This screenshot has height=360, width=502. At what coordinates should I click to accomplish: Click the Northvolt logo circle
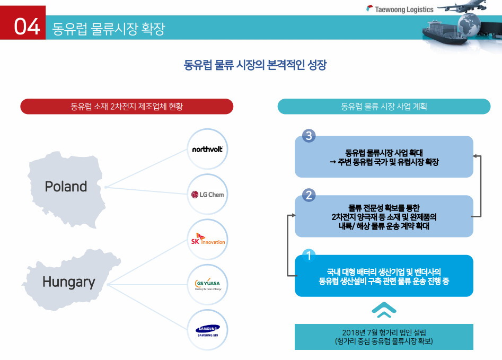pyautogui.click(x=208, y=149)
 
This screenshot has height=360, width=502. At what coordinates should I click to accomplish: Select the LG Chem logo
pyautogui.click(x=208, y=195)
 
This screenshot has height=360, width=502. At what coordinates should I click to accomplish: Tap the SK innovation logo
pyautogui.click(x=208, y=240)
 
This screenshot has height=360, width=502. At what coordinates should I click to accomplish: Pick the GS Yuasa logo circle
pyautogui.click(x=208, y=285)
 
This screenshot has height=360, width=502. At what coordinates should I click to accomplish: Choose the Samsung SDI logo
pyautogui.click(x=208, y=330)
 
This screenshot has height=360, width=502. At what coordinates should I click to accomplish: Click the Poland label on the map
pyautogui.click(x=66, y=187)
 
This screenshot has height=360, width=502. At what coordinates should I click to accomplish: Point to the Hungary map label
pyautogui.click(x=69, y=282)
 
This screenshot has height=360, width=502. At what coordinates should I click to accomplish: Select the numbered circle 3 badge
pyautogui.click(x=309, y=136)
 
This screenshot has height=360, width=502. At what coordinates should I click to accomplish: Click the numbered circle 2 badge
pyautogui.click(x=309, y=195)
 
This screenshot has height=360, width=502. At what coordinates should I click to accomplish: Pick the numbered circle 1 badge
pyautogui.click(x=309, y=256)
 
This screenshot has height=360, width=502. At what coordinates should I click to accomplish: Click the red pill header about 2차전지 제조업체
pyautogui.click(x=127, y=107)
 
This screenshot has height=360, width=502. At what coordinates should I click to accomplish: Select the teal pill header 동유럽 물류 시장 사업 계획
pyautogui.click(x=384, y=107)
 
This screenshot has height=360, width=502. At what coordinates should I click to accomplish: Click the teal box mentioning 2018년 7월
pyautogui.click(x=384, y=337)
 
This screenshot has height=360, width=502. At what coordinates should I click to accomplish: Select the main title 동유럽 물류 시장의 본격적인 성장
pyautogui.click(x=255, y=66)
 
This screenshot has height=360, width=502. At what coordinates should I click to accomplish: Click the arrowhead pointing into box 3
pyautogui.click(x=475, y=156)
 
